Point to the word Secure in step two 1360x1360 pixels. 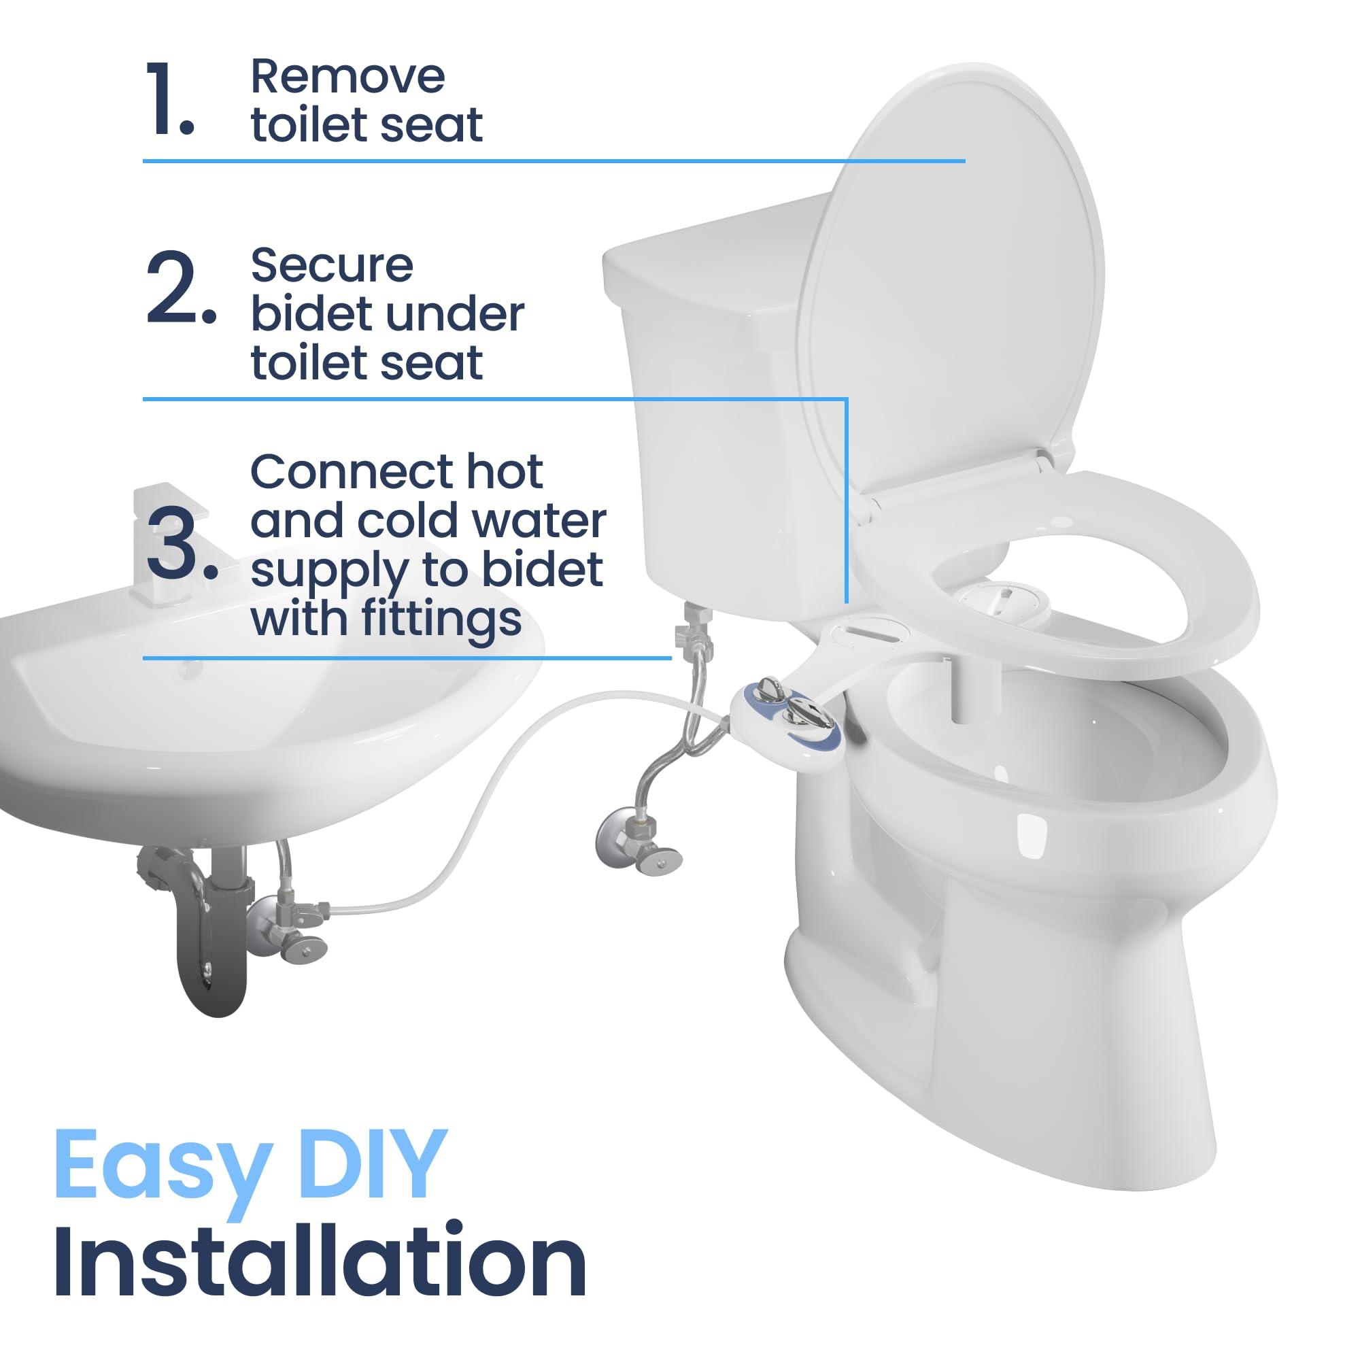[x=332, y=266]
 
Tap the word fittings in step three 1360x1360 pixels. [x=441, y=619]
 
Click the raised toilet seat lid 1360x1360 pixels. [x=951, y=282]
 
